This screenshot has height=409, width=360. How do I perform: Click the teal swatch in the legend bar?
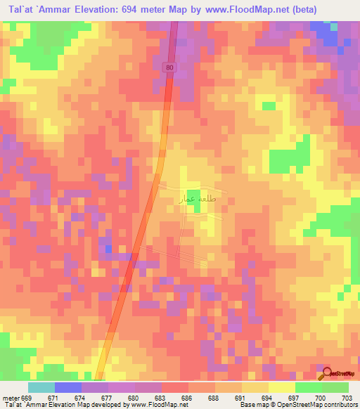tap(41, 387)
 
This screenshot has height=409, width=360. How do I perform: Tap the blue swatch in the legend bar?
tap(68, 387)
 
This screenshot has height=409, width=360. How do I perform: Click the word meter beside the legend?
tap(9, 398)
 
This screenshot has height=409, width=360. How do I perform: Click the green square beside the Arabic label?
tap(194, 197)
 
